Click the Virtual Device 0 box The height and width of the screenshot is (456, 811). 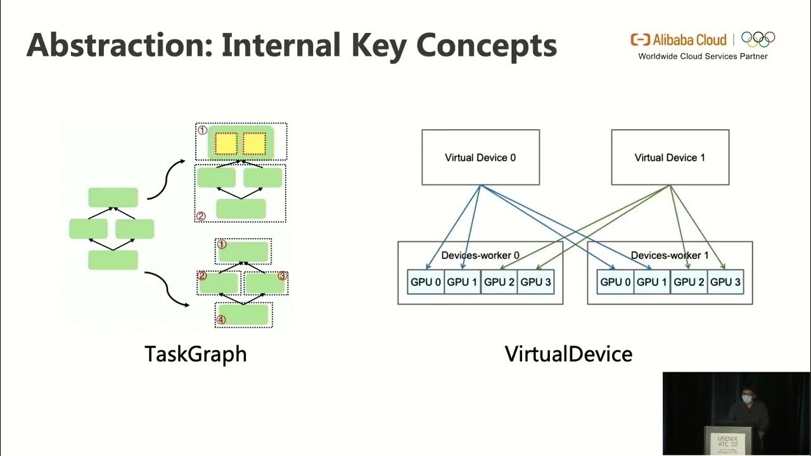point(480,157)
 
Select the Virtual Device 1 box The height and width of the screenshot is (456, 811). point(670,157)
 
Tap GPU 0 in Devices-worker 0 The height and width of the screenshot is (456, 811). point(426,282)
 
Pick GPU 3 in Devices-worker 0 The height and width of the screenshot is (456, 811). point(535,282)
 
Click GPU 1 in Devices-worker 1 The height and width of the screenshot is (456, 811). point(652,282)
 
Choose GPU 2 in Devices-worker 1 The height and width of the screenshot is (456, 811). point(689,282)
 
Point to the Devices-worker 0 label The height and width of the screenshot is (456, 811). point(480,255)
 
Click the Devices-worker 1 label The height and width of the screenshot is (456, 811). point(670,255)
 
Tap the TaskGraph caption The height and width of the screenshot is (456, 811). point(195,353)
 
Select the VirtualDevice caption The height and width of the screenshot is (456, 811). point(568,353)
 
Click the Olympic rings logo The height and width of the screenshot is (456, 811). point(758,39)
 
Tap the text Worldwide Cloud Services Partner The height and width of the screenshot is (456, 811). point(703,56)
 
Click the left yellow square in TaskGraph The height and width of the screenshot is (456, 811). point(226,144)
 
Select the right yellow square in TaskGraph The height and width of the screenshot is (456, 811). point(254,144)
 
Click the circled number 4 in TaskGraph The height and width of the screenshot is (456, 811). point(221,320)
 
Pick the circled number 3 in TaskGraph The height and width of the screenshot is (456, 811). point(282,276)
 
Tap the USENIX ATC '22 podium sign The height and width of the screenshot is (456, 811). point(727,440)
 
